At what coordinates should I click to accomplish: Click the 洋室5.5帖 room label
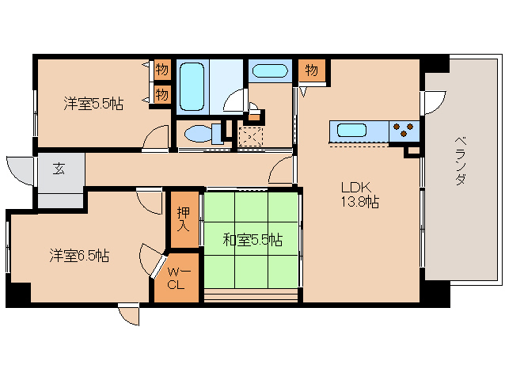coord(93,104)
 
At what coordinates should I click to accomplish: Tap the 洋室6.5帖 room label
coord(79,256)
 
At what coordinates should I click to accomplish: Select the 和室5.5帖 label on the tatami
coord(252,240)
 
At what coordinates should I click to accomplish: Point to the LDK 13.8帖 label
coord(359,195)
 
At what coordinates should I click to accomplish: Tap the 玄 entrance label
coord(59,169)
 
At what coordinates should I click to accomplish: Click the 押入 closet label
coord(184,219)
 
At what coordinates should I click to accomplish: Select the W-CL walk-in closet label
coord(176,279)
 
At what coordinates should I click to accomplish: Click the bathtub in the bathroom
coord(192,87)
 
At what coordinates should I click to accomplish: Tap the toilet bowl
coord(203,134)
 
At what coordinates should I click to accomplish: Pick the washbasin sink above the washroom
coord(270,70)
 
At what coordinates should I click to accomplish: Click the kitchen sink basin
coord(351,131)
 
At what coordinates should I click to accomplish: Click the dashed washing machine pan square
coord(251,136)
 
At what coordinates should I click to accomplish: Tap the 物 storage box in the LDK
coord(312,70)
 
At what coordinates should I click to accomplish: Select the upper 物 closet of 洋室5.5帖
coord(162,69)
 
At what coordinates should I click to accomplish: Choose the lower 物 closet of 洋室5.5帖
coord(162,95)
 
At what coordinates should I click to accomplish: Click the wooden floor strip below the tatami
coord(251,295)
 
